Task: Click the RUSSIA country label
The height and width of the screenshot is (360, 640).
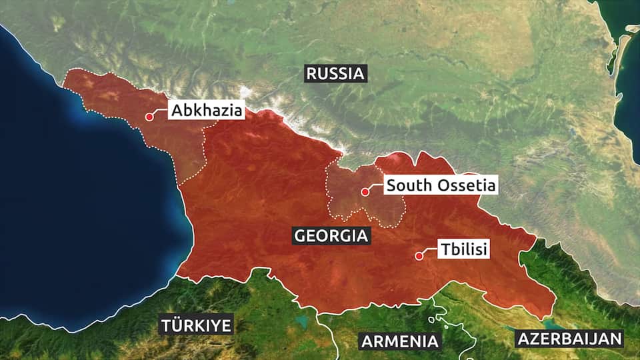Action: coord(335,73)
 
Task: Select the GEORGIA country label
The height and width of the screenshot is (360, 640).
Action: coord(331,235)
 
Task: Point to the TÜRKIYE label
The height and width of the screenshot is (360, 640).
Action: coord(196,325)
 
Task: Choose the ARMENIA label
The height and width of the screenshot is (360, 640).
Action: coord(400,341)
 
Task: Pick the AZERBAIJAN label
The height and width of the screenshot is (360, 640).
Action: coord(569,338)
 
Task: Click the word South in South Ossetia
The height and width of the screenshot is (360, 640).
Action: coord(407,185)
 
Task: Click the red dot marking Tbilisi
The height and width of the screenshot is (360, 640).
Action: coord(419,255)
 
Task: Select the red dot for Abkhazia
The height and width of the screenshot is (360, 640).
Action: coord(149,117)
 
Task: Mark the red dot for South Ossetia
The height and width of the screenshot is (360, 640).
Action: coord(365,192)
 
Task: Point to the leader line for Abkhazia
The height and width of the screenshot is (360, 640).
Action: coord(159,113)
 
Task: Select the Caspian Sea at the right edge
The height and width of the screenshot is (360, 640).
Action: coord(630,100)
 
